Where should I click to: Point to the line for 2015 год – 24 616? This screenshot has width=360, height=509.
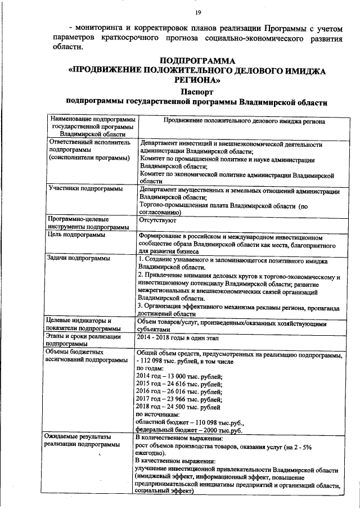click(x=179, y=385)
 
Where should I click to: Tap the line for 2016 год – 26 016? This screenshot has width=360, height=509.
click(x=179, y=393)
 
